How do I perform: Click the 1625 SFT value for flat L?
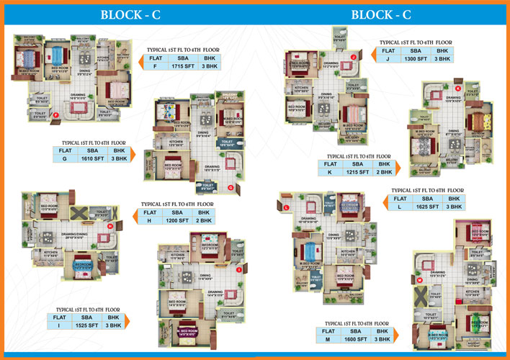point(425,207)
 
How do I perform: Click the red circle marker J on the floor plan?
point(354,57)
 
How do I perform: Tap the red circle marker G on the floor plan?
point(230,188)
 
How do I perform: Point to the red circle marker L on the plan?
point(287,207)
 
